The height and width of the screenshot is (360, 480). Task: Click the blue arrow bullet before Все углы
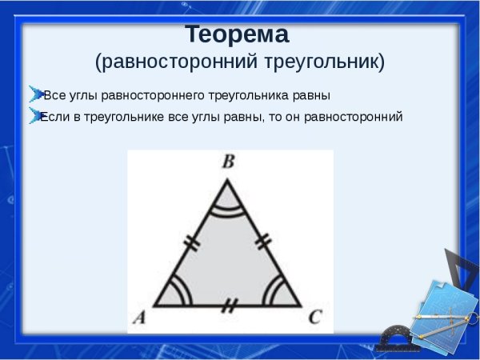(x=34, y=93)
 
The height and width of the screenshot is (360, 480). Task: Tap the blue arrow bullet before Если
(x=34, y=114)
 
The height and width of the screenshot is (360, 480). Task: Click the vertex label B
(x=228, y=162)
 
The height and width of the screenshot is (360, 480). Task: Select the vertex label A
(x=138, y=318)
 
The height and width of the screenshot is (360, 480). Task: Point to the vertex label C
(x=314, y=318)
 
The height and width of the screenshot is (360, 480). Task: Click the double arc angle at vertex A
(x=178, y=294)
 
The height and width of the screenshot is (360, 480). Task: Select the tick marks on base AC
(x=230, y=306)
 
